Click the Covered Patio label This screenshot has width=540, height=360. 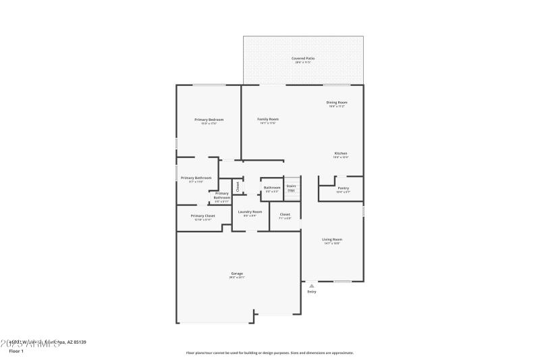pyautogui.click(x=302, y=59)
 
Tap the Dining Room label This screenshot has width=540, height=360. pyautogui.click(x=337, y=103)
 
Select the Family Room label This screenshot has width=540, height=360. pyautogui.click(x=268, y=120)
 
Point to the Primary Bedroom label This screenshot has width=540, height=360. pyautogui.click(x=209, y=120)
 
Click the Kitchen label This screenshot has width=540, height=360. pyautogui.click(x=341, y=153)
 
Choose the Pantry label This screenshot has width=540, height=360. pyautogui.click(x=343, y=188)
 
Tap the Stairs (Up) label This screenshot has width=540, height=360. pyautogui.click(x=291, y=187)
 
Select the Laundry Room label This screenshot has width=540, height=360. pyautogui.click(x=250, y=212)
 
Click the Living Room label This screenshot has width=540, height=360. pyautogui.click(x=332, y=240)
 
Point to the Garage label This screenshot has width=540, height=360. pyautogui.click(x=236, y=274)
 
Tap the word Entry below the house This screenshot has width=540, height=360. pyautogui.click(x=311, y=292)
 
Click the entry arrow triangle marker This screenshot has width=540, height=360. pyautogui.click(x=311, y=286)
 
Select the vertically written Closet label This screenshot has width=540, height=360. pyautogui.click(x=238, y=186)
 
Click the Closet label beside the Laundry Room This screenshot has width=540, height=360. pyautogui.click(x=284, y=215)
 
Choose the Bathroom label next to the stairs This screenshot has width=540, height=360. pyautogui.click(x=272, y=188)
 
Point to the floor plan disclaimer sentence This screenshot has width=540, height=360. pyautogui.click(x=269, y=353)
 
